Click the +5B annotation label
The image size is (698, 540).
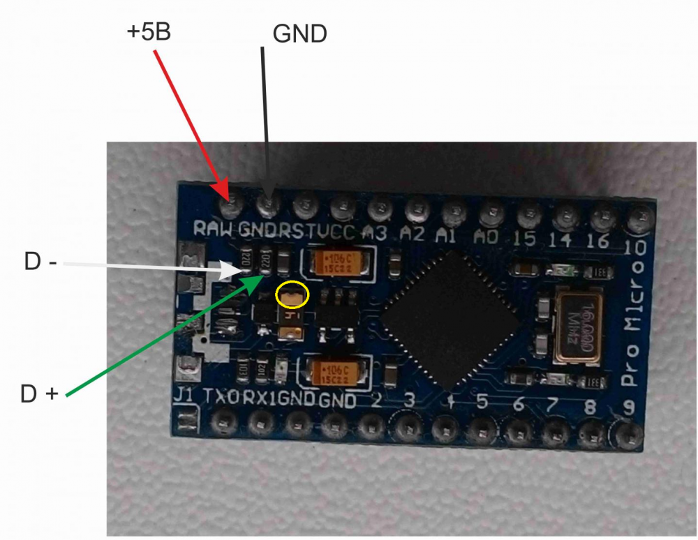tap(149, 32)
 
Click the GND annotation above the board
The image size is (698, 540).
tap(299, 33)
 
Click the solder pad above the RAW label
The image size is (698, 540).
tap(231, 205)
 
